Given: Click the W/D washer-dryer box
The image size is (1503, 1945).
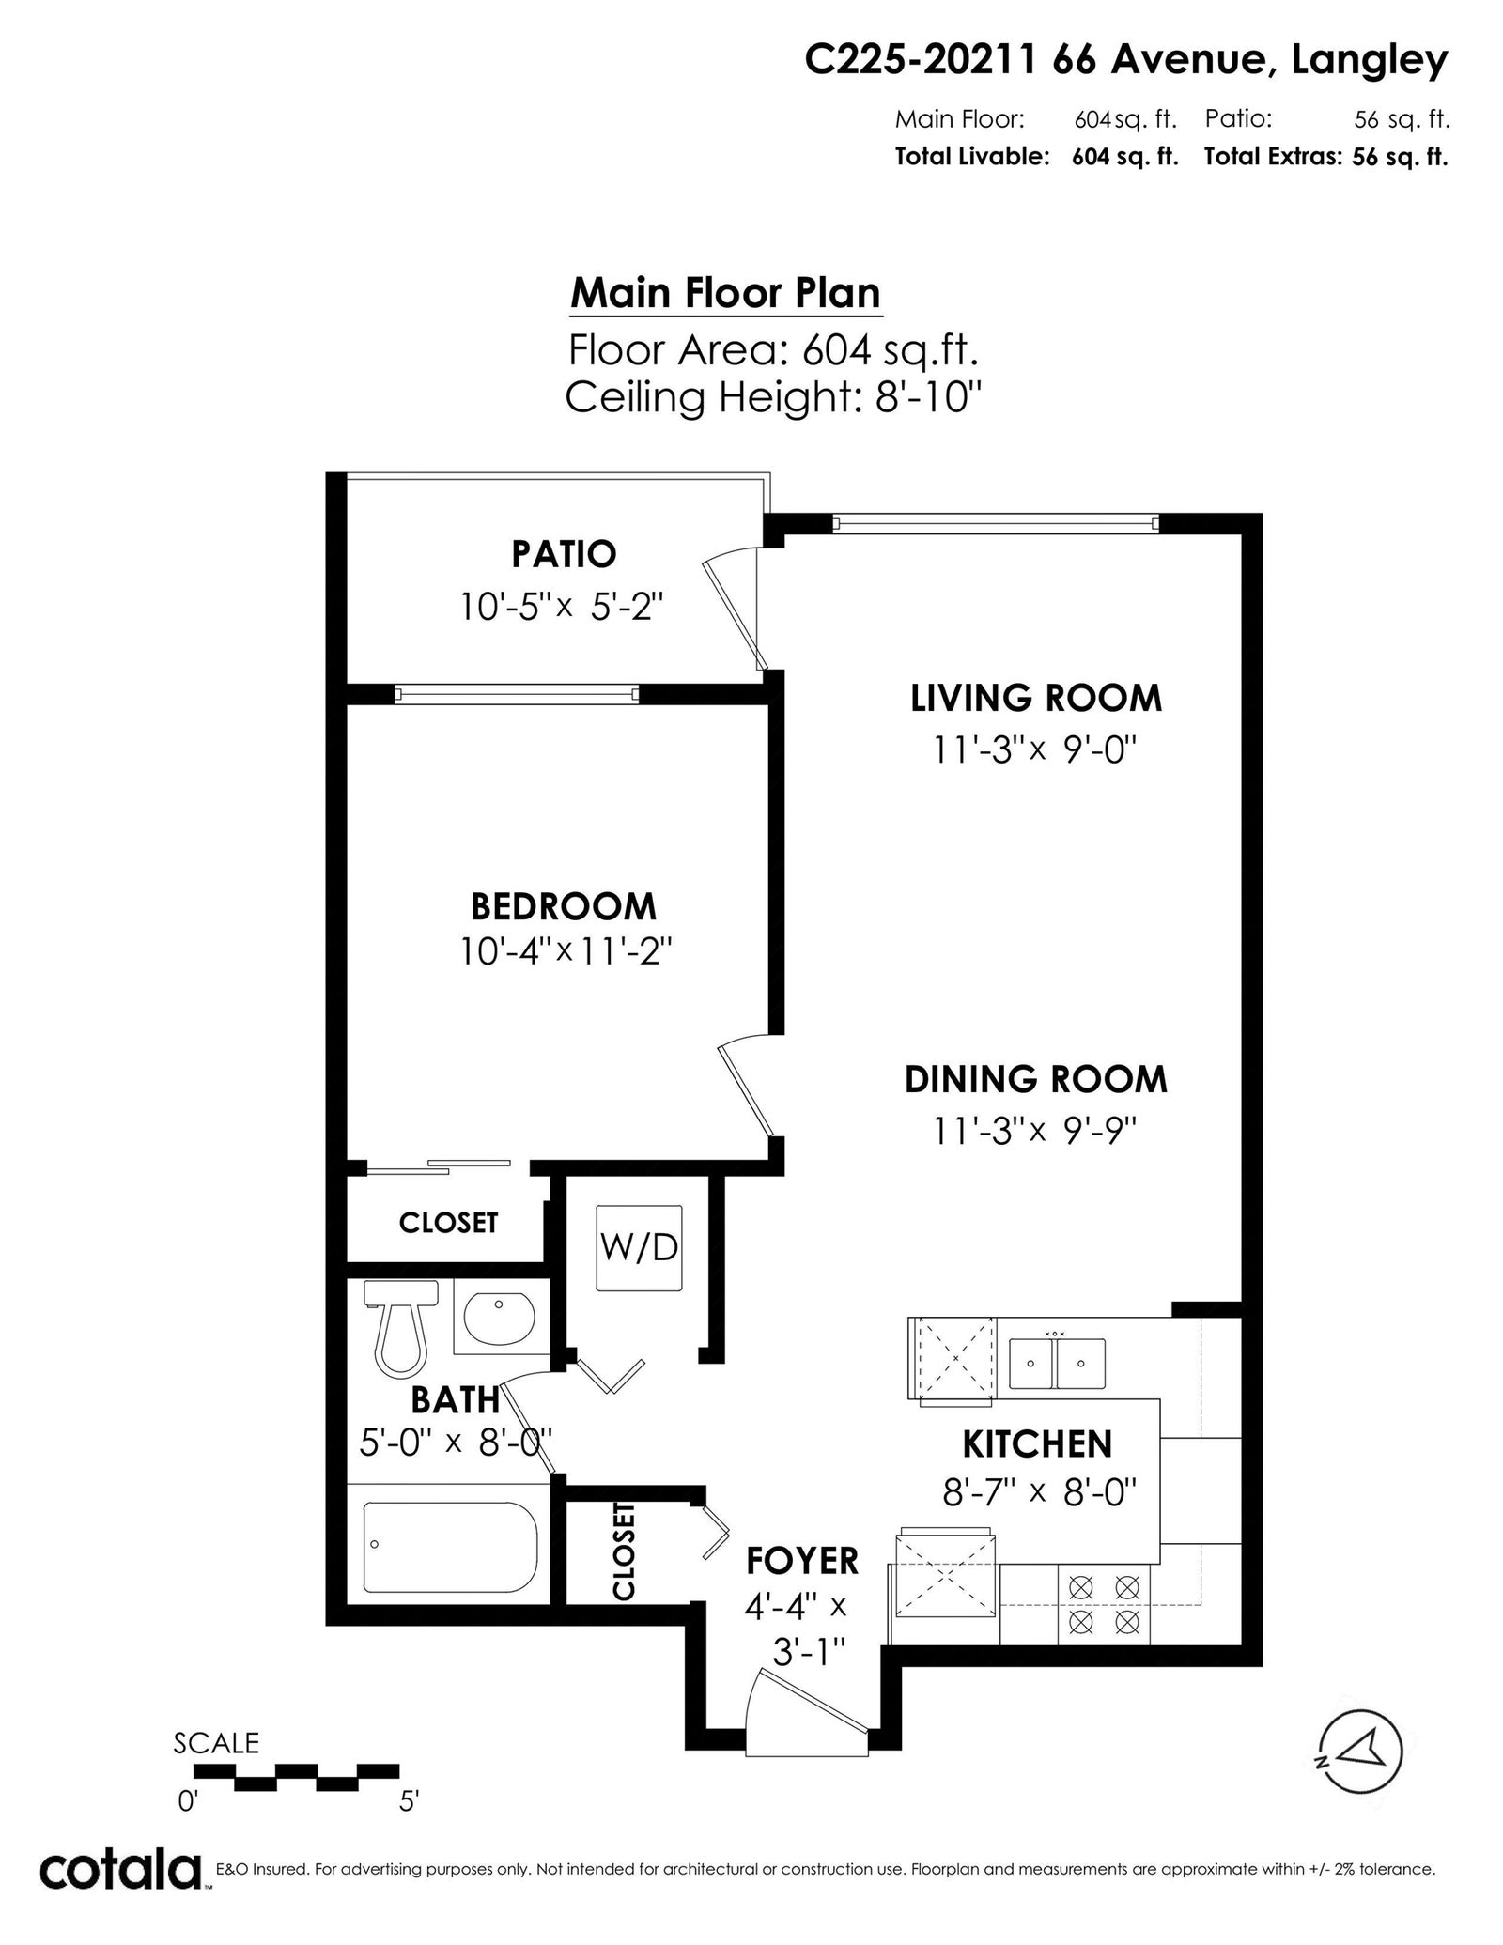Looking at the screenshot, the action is [x=639, y=1248].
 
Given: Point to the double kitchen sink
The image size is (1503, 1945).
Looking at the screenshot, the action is [x=1057, y=1364].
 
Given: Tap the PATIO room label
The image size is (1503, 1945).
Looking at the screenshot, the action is [x=564, y=554].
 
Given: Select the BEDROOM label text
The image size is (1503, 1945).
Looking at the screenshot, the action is [x=564, y=906].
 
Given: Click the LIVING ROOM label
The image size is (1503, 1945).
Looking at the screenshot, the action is [x=1036, y=698].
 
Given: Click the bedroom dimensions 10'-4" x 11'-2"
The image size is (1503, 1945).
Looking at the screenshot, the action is [x=566, y=953].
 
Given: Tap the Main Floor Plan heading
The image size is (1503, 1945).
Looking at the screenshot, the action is [x=726, y=293].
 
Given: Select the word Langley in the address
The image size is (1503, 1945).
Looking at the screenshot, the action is [x=1371, y=62].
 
